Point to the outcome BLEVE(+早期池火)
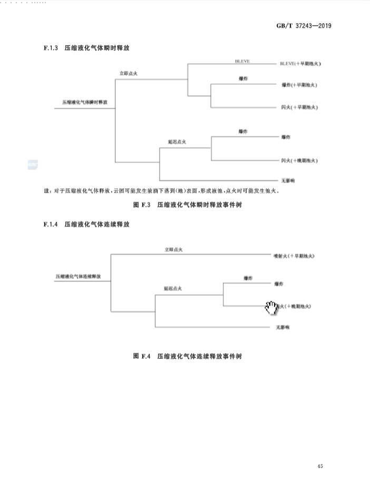tap(300, 63)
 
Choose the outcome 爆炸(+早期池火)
tap(299, 85)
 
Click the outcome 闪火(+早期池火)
tap(299, 107)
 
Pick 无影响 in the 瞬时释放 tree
tap(288, 180)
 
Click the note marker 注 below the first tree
tap(46, 191)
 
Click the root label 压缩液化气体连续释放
tap(78, 275)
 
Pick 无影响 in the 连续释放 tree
tap(282, 327)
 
